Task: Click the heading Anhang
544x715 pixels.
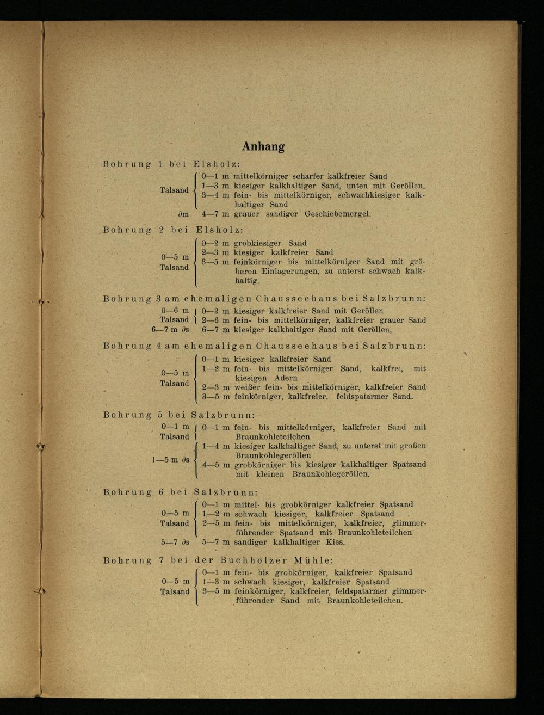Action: (263, 146)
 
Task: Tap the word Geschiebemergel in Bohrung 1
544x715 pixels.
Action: (337, 214)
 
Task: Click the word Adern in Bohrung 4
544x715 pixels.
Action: (286, 378)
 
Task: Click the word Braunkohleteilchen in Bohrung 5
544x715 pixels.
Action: (273, 436)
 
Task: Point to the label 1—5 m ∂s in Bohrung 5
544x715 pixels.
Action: (170, 460)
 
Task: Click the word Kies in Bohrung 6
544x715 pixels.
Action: (335, 543)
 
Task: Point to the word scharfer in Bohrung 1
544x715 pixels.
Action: (308, 176)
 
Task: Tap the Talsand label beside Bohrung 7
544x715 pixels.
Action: (175, 591)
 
